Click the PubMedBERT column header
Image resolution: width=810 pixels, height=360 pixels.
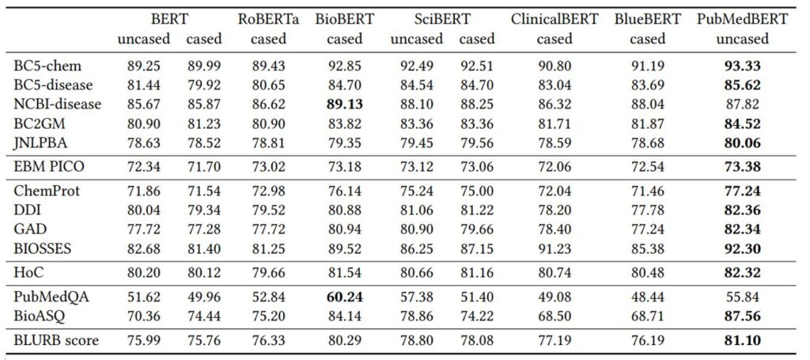742,19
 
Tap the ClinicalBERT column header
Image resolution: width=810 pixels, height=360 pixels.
553,19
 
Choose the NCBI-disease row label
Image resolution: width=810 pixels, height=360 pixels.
58,104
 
